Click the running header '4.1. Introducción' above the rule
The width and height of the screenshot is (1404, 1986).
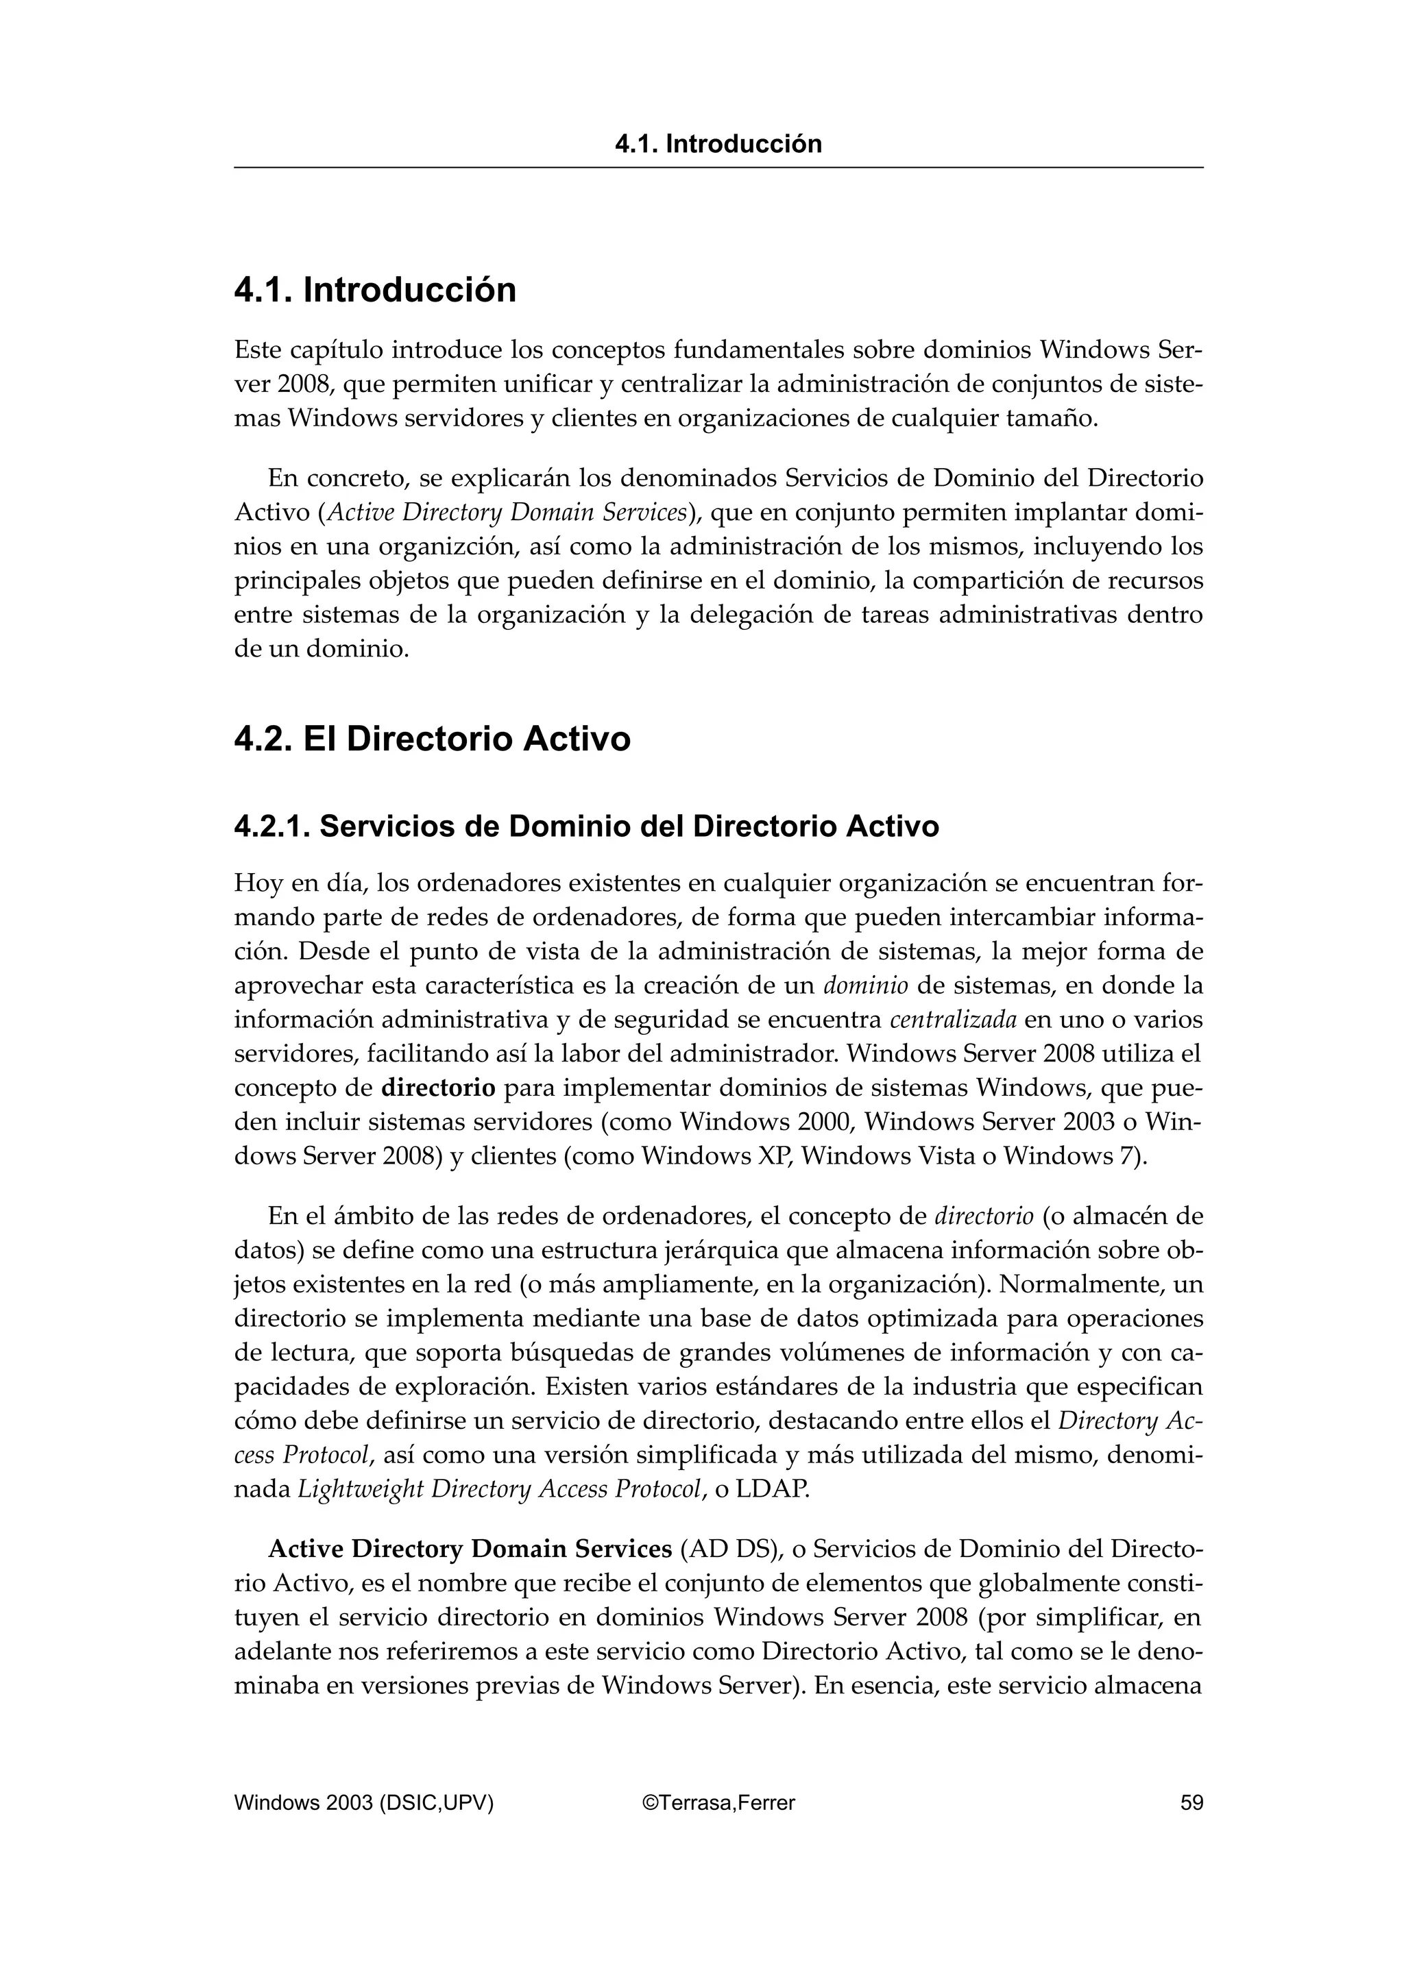pyautogui.click(x=718, y=144)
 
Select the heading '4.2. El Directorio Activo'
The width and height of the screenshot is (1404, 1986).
pyautogui.click(x=432, y=739)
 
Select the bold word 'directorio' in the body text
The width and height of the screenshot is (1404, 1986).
pyautogui.click(x=439, y=1088)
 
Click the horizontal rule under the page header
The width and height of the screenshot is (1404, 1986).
pyautogui.click(x=718, y=168)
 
